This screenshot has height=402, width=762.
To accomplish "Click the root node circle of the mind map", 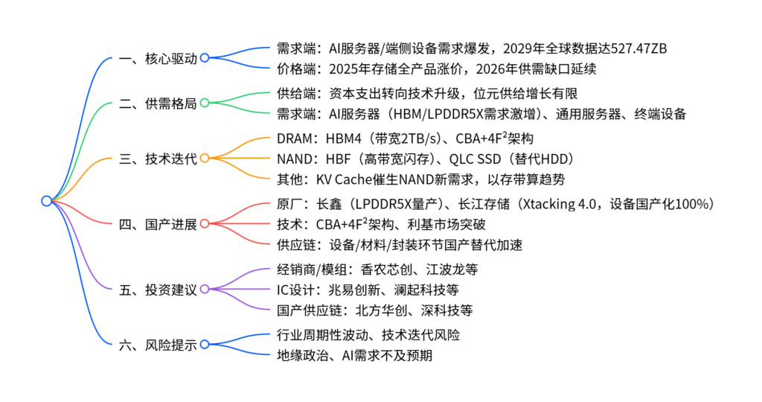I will [47, 201].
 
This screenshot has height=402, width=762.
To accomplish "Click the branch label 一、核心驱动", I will [158, 58].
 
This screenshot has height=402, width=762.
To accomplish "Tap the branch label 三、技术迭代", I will [158, 158].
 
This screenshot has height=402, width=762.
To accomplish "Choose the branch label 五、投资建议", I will [158, 289].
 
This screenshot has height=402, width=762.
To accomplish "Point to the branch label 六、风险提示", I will [158, 344].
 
